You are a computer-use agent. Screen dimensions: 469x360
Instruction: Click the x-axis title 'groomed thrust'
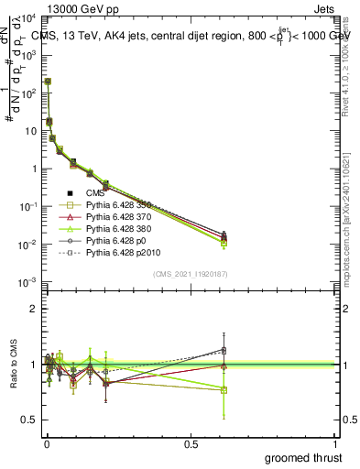tap(305, 457)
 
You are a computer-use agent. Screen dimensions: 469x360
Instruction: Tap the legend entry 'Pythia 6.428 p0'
tap(119, 240)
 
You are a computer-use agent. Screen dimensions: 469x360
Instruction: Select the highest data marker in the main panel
tap(48, 82)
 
